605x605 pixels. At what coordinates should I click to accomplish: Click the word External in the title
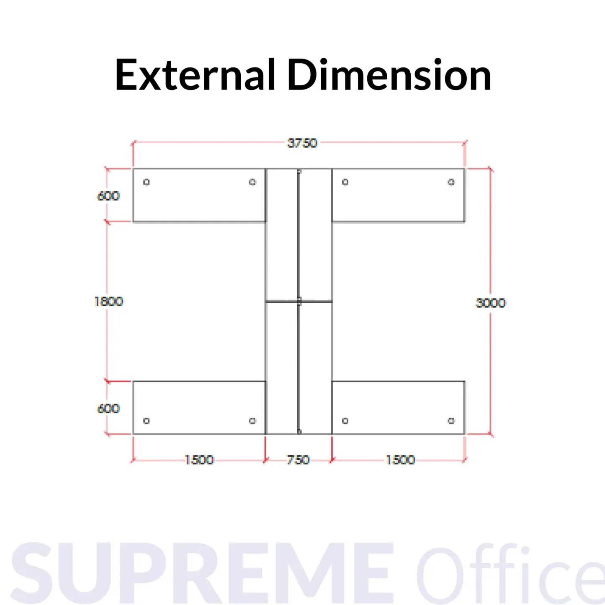click(195, 75)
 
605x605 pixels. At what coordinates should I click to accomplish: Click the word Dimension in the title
click(389, 75)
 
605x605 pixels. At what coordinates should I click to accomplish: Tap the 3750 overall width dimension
click(302, 143)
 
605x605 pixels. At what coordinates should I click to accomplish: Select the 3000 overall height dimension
click(491, 303)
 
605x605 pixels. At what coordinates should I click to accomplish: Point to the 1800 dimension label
click(108, 301)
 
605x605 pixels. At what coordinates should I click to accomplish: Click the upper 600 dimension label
click(108, 196)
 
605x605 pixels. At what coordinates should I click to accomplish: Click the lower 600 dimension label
click(108, 409)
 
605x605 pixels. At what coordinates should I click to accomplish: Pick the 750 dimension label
click(298, 460)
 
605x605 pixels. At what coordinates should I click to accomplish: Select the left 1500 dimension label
click(199, 460)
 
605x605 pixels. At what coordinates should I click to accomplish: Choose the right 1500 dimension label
click(400, 460)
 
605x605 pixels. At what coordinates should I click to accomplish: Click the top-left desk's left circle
click(147, 182)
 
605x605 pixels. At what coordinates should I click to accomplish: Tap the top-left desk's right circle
click(252, 182)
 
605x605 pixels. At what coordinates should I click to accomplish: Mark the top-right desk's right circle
click(451, 182)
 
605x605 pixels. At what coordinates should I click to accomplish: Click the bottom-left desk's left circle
click(147, 421)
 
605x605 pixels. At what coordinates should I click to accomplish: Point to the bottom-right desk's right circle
click(451, 421)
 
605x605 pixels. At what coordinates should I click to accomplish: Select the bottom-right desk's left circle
click(345, 421)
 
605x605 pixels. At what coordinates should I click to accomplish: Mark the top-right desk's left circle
click(345, 182)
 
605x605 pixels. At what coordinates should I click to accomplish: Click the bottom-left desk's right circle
click(252, 421)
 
